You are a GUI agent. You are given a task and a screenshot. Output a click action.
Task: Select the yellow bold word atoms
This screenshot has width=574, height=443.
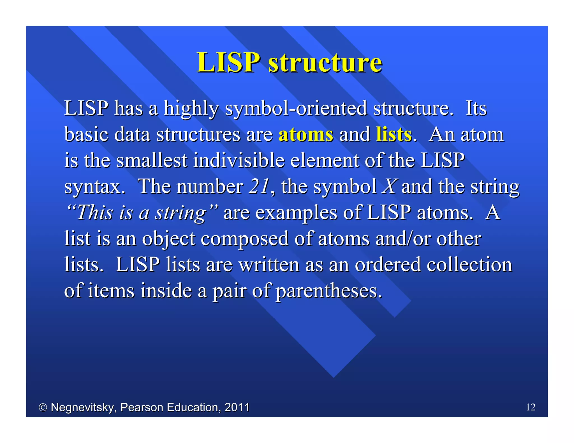click(306, 134)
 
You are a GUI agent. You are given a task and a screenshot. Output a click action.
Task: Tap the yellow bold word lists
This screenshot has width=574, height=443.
click(394, 134)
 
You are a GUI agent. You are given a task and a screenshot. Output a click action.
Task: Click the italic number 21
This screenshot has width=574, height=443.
click(259, 186)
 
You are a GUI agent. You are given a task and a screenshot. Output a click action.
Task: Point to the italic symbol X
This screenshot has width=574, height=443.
click(389, 186)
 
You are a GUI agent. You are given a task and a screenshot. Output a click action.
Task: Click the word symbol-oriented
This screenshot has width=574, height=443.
click(296, 108)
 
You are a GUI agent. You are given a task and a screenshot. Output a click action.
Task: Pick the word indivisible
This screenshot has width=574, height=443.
click(239, 160)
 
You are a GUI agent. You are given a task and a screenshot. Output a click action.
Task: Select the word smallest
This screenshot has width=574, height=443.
click(152, 160)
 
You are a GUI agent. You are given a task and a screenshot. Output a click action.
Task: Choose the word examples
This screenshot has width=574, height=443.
click(296, 213)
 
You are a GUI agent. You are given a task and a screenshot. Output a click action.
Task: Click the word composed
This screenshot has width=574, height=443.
click(244, 239)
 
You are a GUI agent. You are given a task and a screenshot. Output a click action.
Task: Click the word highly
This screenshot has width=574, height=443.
click(191, 108)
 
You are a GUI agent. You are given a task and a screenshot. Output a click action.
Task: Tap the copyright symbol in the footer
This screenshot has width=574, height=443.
click(43, 407)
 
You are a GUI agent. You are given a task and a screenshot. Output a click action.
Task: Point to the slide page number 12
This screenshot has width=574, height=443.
click(531, 407)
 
